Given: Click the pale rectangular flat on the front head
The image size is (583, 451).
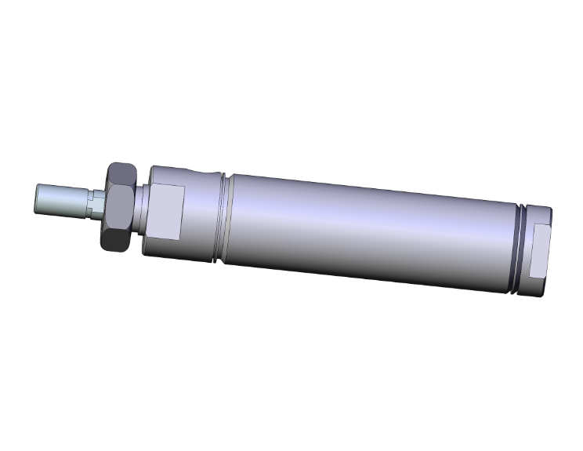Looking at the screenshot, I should tap(168, 212).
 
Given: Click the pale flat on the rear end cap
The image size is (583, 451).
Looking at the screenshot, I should tap(541, 249).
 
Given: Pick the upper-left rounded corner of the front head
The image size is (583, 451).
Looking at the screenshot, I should tap(153, 172).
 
